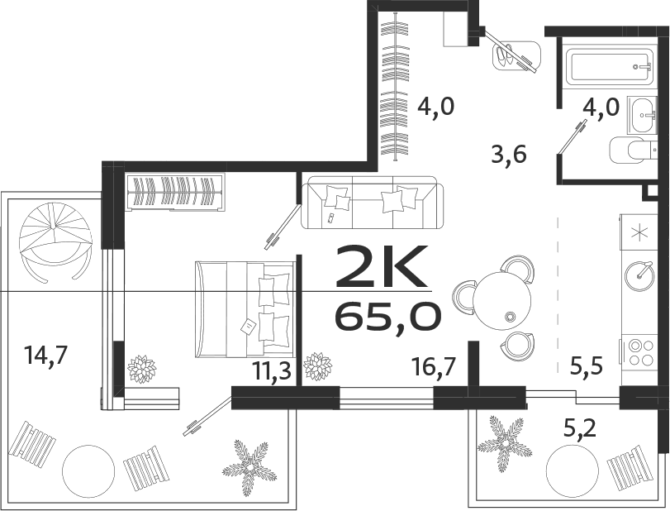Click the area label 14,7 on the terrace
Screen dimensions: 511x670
click(x=46, y=356)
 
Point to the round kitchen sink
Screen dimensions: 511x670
click(x=639, y=273)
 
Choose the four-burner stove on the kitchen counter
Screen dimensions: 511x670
click(x=639, y=351)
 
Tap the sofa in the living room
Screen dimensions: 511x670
click(x=373, y=202)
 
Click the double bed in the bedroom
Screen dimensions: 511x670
click(x=245, y=308)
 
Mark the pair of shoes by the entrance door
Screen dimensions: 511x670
click(x=511, y=54)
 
